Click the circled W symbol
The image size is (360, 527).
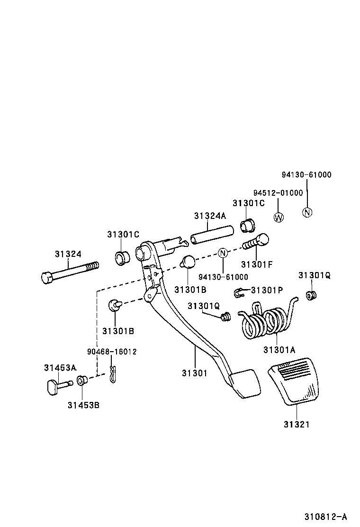[x=279, y=218]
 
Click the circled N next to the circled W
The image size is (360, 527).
[x=307, y=212]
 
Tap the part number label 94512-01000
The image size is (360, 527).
[x=278, y=193]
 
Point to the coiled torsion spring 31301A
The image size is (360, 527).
[x=265, y=322]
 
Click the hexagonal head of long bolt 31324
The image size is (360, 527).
[x=47, y=277]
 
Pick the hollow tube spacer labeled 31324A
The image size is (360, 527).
[x=213, y=235]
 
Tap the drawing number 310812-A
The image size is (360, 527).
[x=326, y=516]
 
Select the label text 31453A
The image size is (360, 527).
[x=60, y=367]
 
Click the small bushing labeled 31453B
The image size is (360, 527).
[x=81, y=380]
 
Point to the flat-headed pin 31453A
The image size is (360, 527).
[x=56, y=386]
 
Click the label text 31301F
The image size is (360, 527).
[x=257, y=264]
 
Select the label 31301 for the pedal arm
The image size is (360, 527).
[x=194, y=373]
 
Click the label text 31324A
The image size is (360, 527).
[x=210, y=216]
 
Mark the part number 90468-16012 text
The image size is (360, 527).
[x=112, y=352]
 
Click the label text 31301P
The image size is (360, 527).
[x=267, y=290]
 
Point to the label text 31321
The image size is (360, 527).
[x=297, y=425]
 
